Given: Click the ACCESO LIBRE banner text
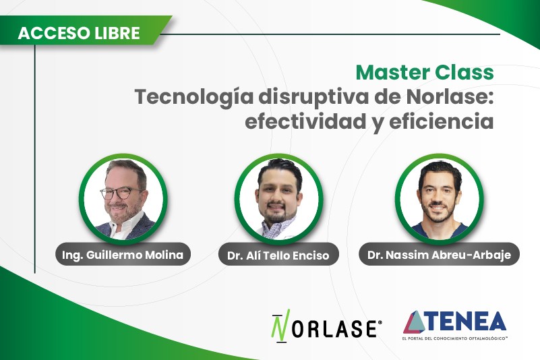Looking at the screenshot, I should tap(79, 33).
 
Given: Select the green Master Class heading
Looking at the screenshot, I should tap(425, 72).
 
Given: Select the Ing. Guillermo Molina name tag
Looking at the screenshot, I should tap(123, 255).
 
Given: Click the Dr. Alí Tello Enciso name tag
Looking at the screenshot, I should tap(278, 256).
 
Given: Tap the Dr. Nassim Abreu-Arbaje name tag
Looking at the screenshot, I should tap(439, 256).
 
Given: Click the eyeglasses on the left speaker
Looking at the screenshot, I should tap(121, 193).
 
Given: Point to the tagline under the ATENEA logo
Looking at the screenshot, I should tap(455, 339).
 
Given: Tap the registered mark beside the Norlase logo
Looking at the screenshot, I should tap(380, 323).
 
